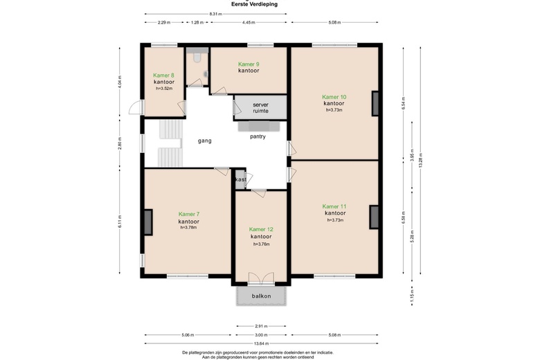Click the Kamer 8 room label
point(163,75)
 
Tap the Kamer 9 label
point(249,64)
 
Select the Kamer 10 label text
point(334,97)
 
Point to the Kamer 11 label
point(334,207)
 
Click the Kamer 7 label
point(189,215)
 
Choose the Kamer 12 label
point(261,229)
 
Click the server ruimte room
point(260,107)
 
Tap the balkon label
point(262,296)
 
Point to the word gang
point(204,141)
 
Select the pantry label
point(258,137)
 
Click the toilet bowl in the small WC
point(197,57)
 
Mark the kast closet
point(240,179)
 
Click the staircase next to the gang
point(170,143)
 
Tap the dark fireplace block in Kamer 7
point(148,222)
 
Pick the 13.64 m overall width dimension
point(262,343)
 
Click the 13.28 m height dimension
point(420,160)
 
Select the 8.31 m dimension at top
point(215,14)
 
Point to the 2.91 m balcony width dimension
point(261,326)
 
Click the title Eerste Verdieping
point(254,4)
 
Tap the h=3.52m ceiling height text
point(164,88)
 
